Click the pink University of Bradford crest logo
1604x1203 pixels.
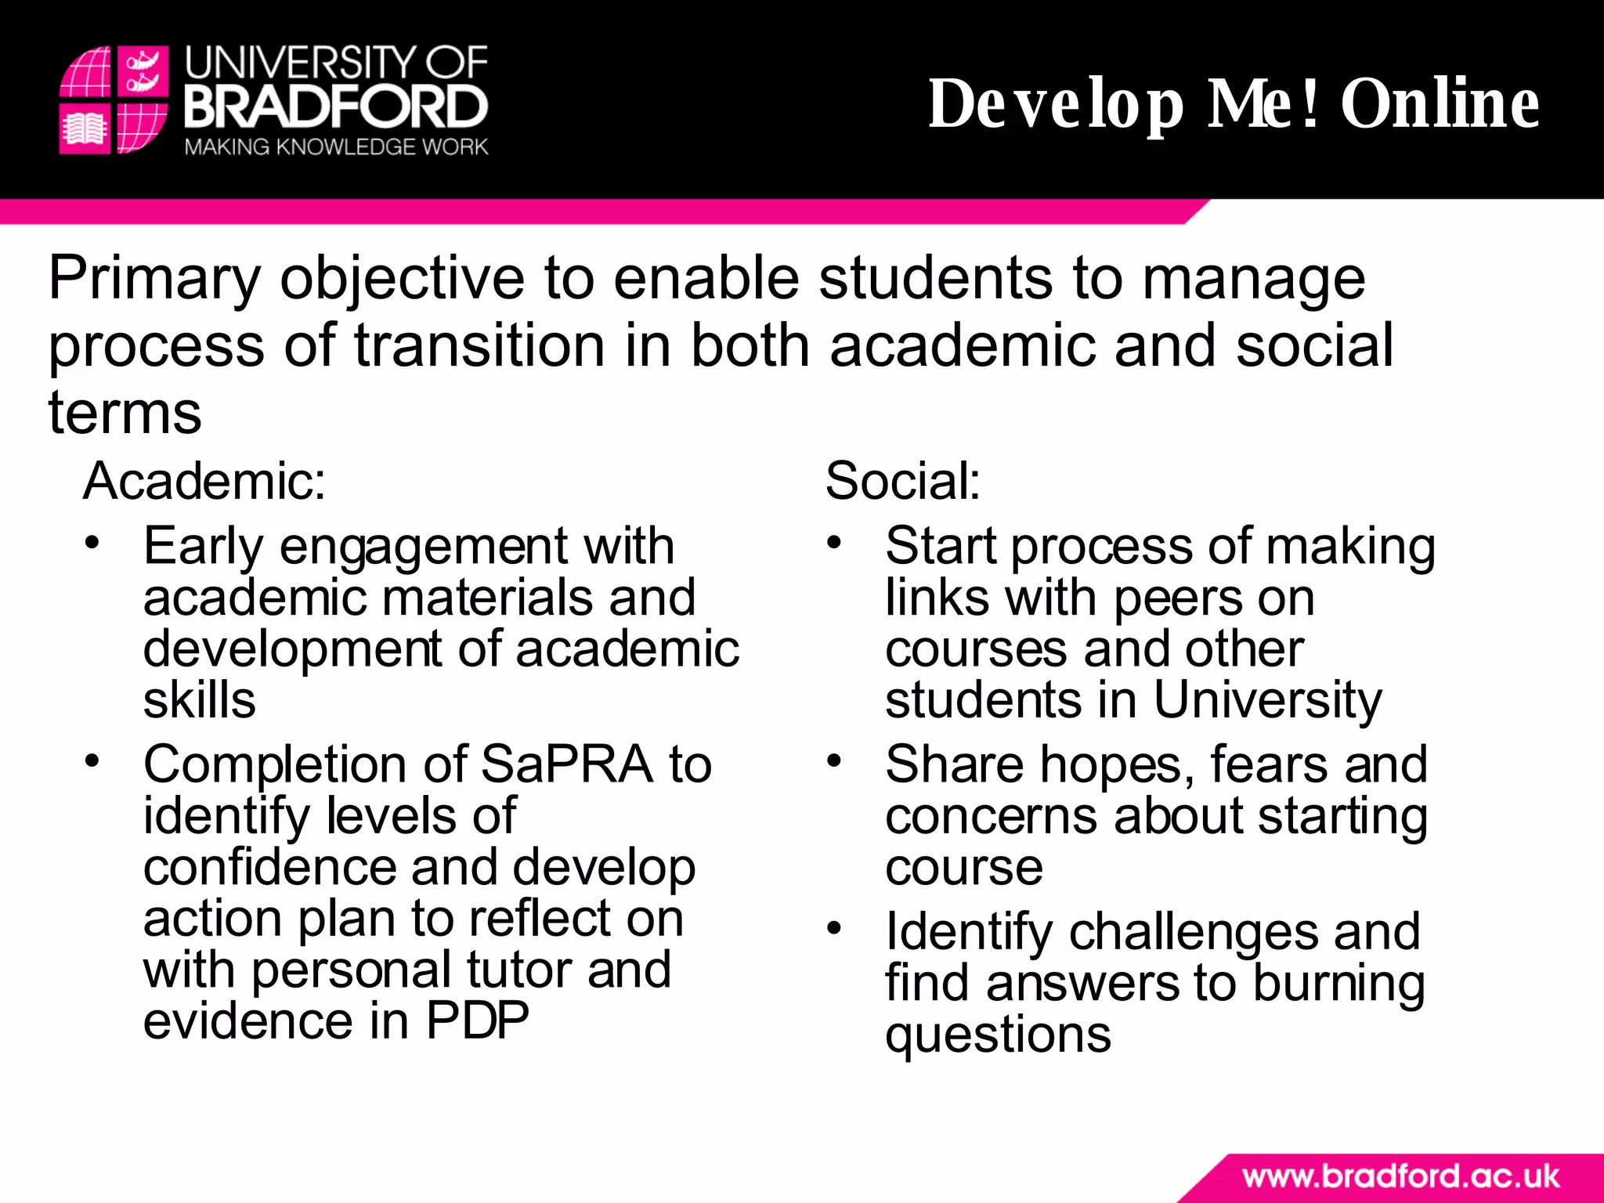(x=114, y=99)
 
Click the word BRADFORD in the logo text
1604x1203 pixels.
(x=336, y=107)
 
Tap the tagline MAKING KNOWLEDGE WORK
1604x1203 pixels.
(x=336, y=147)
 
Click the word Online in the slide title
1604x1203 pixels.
(x=1440, y=103)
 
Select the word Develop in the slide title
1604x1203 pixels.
(x=1056, y=103)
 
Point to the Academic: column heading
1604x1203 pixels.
(x=204, y=480)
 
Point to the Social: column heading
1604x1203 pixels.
(x=902, y=480)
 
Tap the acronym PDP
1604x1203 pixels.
(x=477, y=1021)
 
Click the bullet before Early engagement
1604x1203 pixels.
(x=93, y=543)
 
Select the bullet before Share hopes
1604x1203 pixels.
(x=834, y=760)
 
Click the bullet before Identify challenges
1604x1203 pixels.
(x=834, y=929)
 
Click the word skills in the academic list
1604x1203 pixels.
(x=199, y=700)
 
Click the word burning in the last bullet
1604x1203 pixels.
(x=1338, y=984)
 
